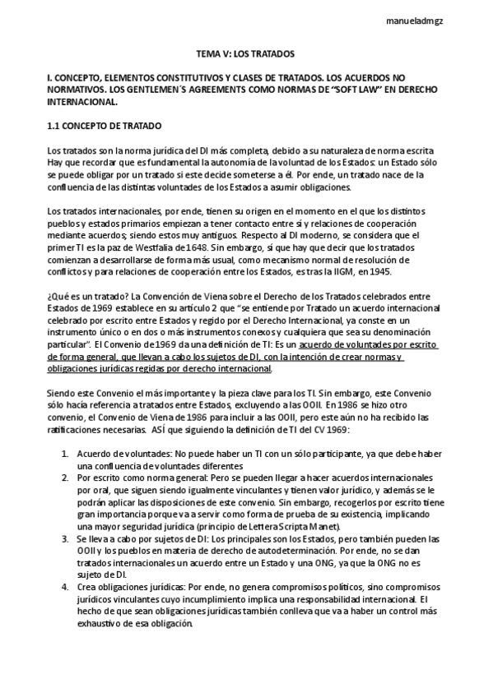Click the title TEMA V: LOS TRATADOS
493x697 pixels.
click(247, 53)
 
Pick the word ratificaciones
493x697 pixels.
click(81, 430)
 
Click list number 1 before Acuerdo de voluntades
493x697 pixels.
click(66, 454)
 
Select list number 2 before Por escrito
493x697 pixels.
click(66, 478)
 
